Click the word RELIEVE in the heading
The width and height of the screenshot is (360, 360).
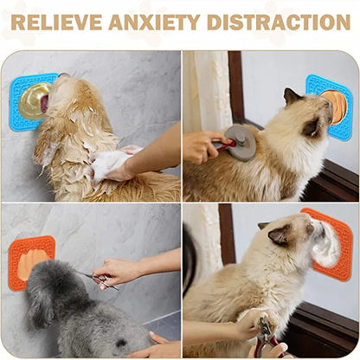point(53,22)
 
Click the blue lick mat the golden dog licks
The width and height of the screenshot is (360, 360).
point(26,102)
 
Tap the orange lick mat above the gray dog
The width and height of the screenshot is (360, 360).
point(30,260)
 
